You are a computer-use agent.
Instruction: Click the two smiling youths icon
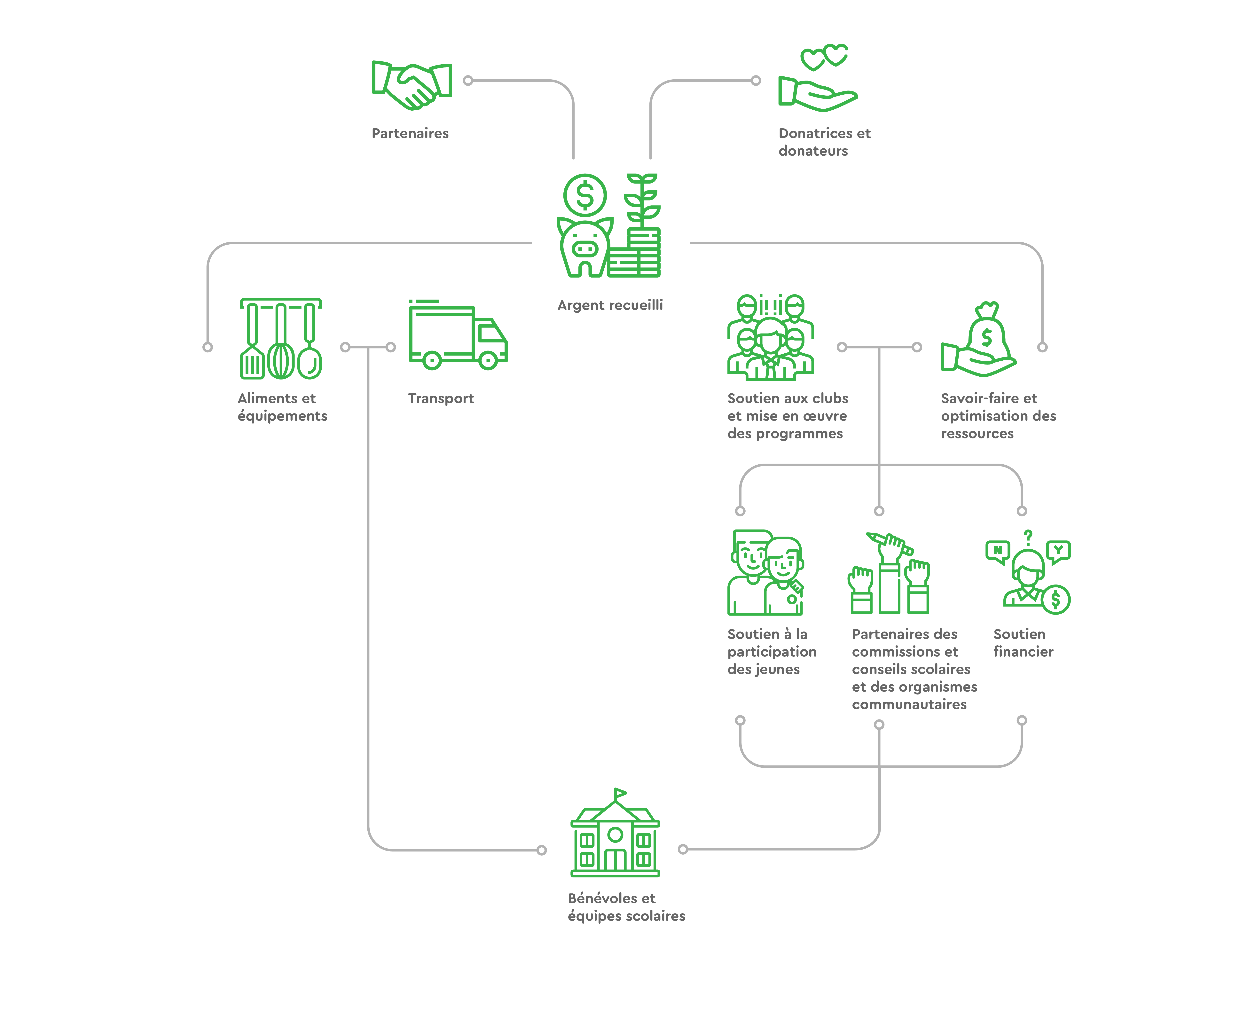tap(765, 573)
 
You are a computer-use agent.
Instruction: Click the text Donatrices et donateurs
tap(824, 142)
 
